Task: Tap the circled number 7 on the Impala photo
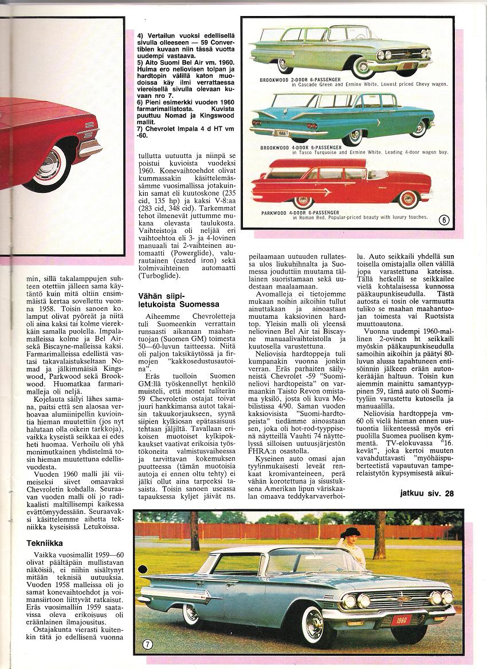147,644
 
